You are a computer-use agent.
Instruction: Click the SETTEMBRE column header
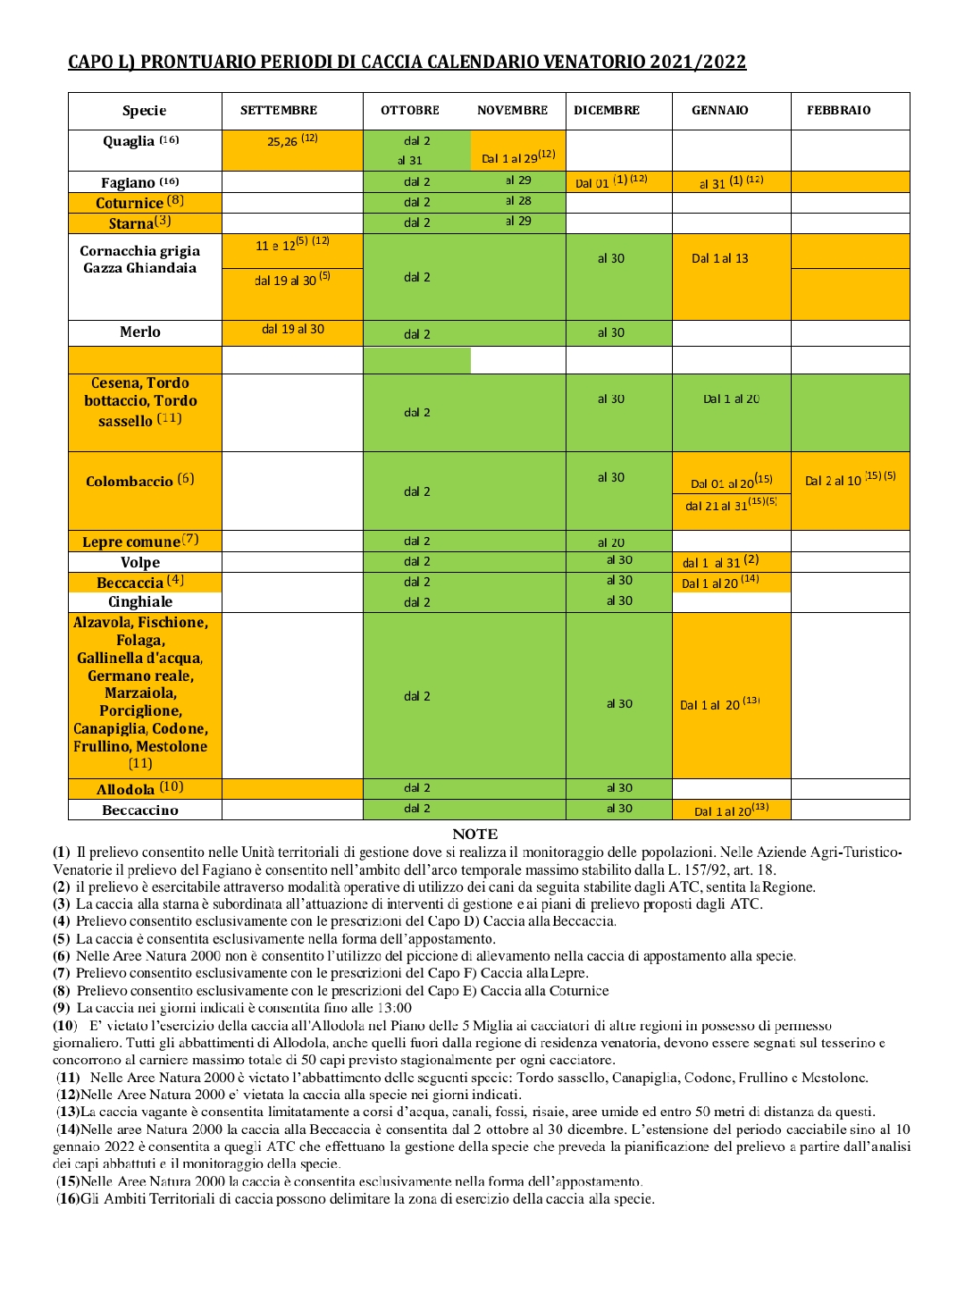tap(279, 111)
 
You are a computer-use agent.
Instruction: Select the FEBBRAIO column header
tap(838, 111)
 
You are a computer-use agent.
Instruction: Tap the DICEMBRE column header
tap(607, 111)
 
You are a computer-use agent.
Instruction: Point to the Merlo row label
tap(140, 332)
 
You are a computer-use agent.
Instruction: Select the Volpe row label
tap(140, 563)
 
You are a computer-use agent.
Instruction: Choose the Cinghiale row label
tap(140, 602)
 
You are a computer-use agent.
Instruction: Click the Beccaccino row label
tap(140, 810)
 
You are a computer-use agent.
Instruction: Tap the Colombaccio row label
tap(139, 481)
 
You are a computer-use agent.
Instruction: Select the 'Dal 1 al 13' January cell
tap(720, 259)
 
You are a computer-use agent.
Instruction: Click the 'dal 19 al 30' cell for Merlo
tap(293, 330)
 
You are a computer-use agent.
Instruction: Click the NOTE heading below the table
tap(474, 834)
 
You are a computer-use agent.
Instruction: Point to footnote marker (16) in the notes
tap(68, 1199)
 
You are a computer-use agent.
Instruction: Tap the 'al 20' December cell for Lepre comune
tap(611, 542)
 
